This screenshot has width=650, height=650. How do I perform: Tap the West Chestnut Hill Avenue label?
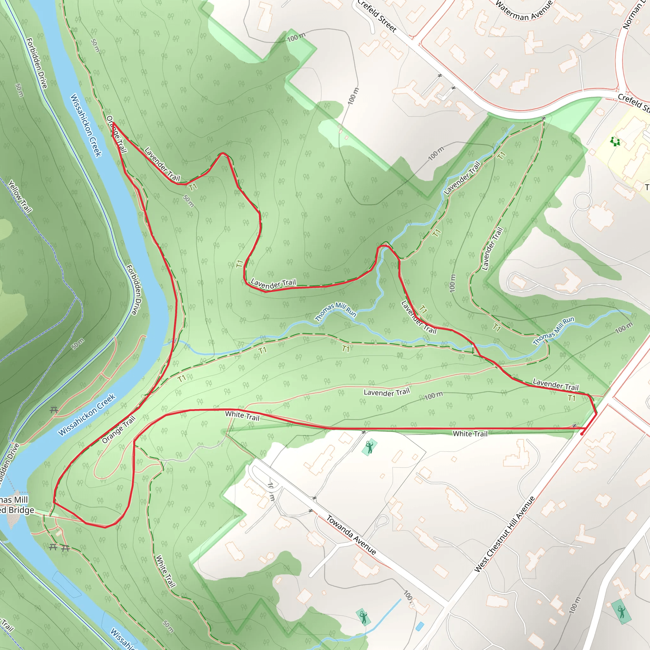point(504,534)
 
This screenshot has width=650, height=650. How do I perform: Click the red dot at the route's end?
point(582,434)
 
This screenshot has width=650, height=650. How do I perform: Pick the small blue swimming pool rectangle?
point(420,627)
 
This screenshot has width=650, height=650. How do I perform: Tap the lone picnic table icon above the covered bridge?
point(54,410)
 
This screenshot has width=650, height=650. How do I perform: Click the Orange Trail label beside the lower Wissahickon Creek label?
point(119,430)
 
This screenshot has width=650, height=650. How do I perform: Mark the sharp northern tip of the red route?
point(113,123)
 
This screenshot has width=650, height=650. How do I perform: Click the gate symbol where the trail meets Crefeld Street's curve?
point(543,118)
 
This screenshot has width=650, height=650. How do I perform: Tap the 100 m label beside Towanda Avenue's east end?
point(409,598)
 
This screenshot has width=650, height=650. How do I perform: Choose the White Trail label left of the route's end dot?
point(470,434)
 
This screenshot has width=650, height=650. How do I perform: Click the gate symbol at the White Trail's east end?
point(574,426)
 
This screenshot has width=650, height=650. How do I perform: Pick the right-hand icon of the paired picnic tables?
point(66,549)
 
